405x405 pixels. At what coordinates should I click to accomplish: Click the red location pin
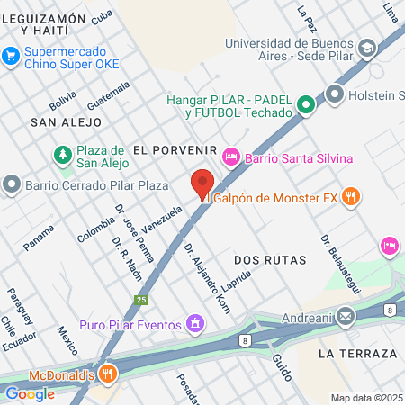[x=202, y=184]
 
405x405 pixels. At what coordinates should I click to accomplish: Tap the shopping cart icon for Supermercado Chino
[x=11, y=56]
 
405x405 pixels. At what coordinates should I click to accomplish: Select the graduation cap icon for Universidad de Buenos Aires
[x=366, y=48]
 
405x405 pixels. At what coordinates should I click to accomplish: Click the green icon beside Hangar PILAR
[x=307, y=105]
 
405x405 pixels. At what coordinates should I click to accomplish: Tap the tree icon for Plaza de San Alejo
[x=63, y=156]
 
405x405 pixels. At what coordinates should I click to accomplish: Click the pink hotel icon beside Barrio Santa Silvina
[x=230, y=157]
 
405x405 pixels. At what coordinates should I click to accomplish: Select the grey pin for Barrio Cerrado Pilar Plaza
[x=12, y=184]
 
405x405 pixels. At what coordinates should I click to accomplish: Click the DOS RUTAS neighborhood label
[x=270, y=259]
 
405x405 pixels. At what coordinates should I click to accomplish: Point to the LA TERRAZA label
[x=357, y=354]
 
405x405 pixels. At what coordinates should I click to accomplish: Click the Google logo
[x=30, y=393]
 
